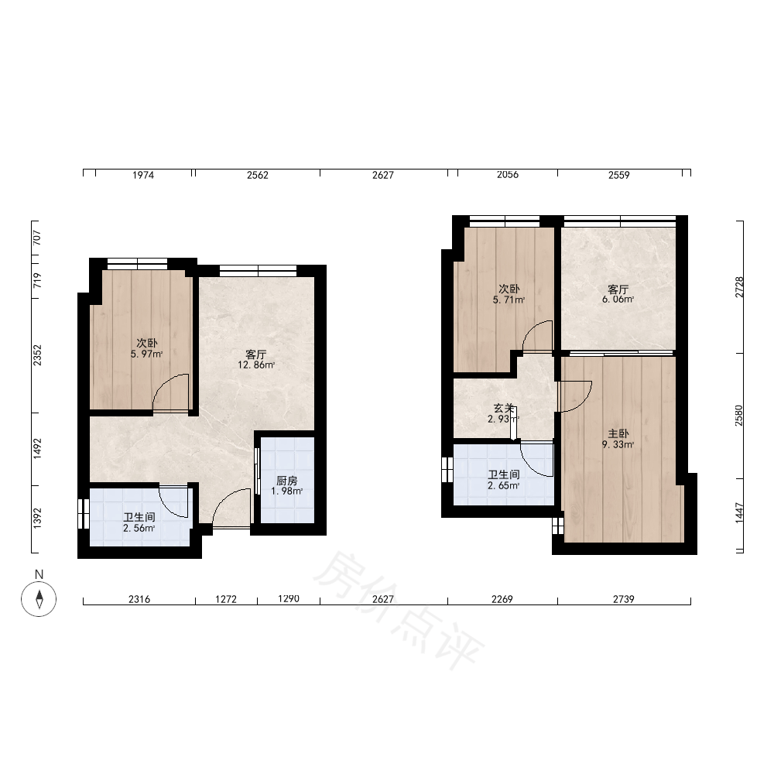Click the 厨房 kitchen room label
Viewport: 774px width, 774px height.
point(287,481)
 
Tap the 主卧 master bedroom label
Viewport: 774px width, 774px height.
point(618,433)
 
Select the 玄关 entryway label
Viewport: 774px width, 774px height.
point(504,408)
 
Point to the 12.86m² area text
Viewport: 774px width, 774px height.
point(256,365)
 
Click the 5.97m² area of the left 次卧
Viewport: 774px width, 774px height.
point(146,354)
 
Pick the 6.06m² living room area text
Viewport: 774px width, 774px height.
point(618,299)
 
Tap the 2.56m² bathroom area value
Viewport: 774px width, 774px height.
point(139,528)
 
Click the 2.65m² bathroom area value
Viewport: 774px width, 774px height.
point(504,486)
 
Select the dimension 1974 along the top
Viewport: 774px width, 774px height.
point(143,175)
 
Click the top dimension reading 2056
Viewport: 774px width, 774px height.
point(508,174)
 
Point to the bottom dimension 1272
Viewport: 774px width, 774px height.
point(226,599)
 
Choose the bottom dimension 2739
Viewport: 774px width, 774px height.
point(623,599)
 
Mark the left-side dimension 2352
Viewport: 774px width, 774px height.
point(37,355)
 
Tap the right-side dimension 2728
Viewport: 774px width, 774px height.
point(739,287)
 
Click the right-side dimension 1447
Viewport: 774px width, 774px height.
point(739,513)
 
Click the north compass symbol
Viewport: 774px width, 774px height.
point(39,599)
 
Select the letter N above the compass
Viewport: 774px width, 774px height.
point(39,574)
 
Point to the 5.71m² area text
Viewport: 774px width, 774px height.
point(509,300)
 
